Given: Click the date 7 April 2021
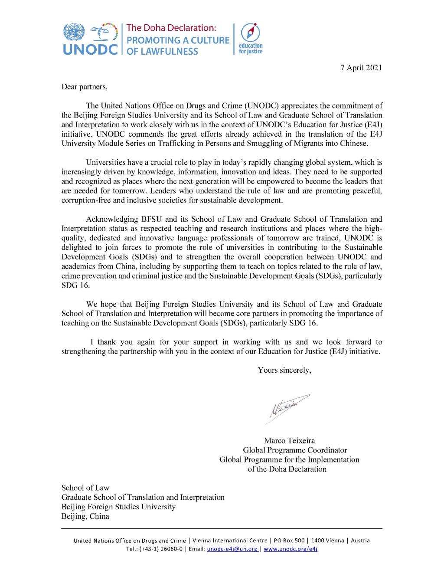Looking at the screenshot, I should pyautogui.click(x=361, y=68).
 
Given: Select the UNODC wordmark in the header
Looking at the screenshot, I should pyautogui.click(x=91, y=49).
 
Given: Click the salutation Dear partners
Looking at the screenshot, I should pyautogui.click(x=84, y=87).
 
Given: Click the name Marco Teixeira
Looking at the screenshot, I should pyautogui.click(x=292, y=441).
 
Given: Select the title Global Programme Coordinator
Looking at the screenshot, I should pyautogui.click(x=295, y=450).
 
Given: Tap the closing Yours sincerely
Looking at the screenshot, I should pyautogui.click(x=284, y=370).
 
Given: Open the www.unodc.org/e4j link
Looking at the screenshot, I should pyautogui.click(x=291, y=549).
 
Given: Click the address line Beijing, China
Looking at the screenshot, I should pyautogui.click(x=85, y=516).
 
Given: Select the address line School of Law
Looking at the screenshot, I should pyautogui.click(x=85, y=488).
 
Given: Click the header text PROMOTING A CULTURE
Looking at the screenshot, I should pyautogui.click(x=178, y=40).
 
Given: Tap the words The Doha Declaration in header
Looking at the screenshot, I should pyautogui.click(x=171, y=28).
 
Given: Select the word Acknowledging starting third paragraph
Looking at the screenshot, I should pyautogui.click(x=109, y=219).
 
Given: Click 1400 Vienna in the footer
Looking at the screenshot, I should pyautogui.click(x=328, y=541).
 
